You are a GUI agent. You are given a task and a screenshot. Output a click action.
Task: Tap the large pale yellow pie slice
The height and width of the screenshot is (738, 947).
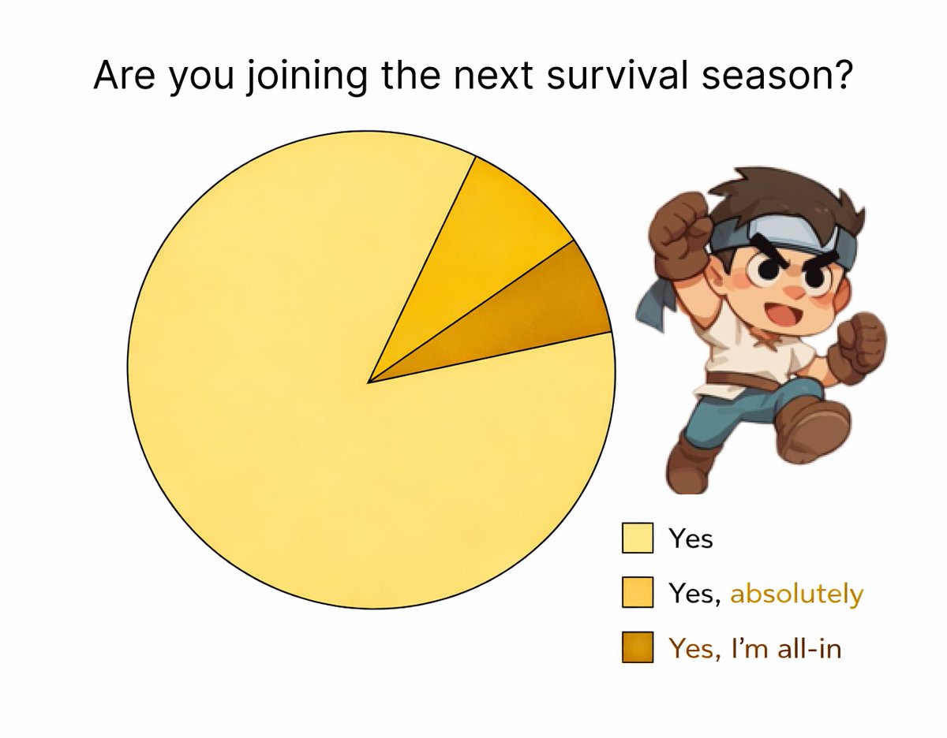[327, 392]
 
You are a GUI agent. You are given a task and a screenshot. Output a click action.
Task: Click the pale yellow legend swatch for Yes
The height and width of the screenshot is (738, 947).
[637, 539]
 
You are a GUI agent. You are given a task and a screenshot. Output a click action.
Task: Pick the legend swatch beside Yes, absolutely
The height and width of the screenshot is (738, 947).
[637, 592]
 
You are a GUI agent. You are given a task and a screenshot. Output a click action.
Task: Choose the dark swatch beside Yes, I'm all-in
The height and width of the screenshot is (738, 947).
[637, 647]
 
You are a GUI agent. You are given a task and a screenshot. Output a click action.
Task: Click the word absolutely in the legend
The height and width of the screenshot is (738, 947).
[796, 593]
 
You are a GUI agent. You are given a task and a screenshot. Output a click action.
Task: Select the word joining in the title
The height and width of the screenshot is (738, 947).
[306, 78]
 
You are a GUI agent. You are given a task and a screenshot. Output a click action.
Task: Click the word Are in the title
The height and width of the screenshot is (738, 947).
[124, 76]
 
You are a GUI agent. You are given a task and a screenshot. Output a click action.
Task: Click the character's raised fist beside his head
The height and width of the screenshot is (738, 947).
[679, 232]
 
